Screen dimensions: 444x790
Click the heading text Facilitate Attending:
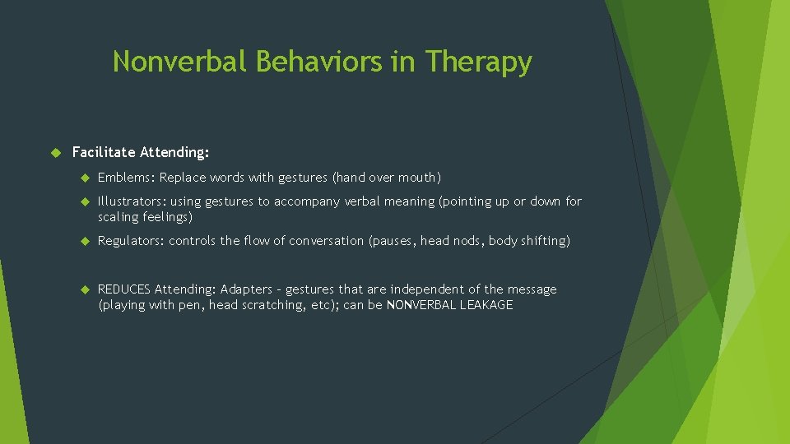[x=141, y=152]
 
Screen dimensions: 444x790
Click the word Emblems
[x=125, y=178]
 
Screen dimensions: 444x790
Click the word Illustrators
[x=131, y=201]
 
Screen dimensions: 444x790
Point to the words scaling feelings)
[x=145, y=218]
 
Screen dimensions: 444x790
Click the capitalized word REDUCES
[x=124, y=289]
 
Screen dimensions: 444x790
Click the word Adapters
[x=246, y=289]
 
